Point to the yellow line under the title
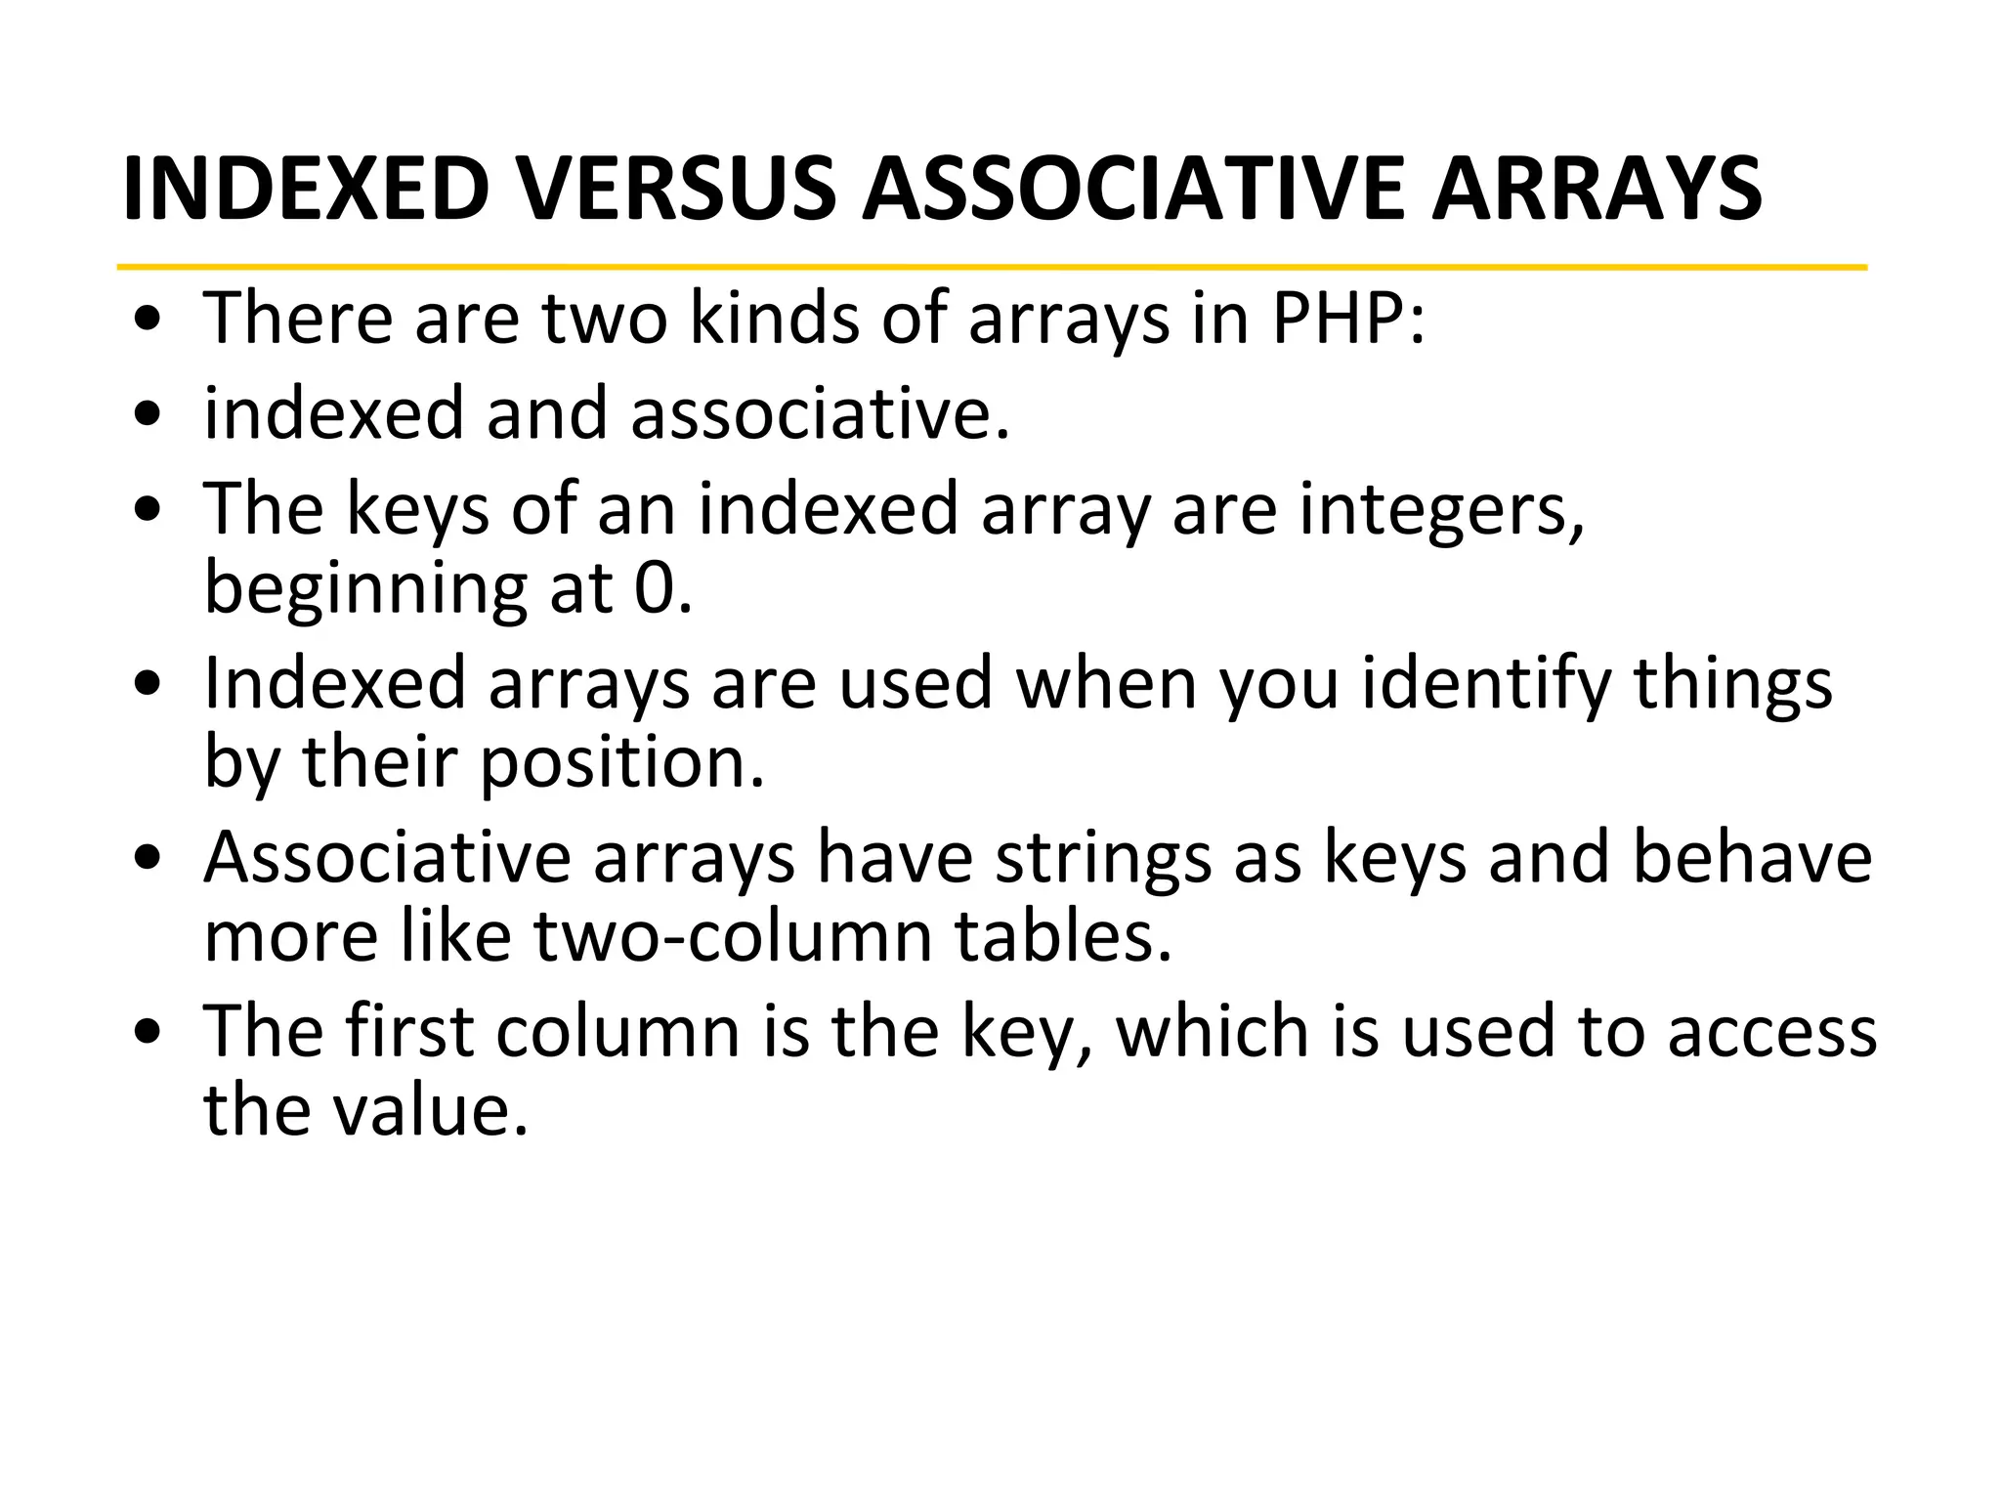click(991, 267)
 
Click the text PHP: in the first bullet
click(1348, 319)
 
